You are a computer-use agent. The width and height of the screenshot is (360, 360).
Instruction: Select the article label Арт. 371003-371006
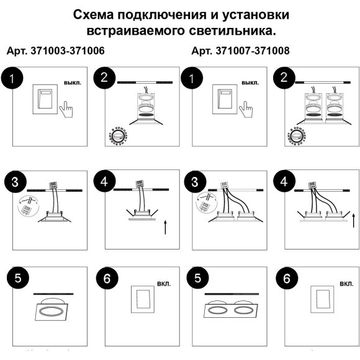pos(55,50)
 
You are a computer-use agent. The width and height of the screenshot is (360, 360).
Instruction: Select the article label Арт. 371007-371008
pos(241,50)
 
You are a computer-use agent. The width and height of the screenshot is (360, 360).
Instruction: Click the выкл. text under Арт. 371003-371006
pos(73,82)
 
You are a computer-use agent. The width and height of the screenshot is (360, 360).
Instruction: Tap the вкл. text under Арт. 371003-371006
pos(164,284)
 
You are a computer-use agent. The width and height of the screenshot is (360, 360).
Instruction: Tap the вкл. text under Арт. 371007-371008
pos(346,284)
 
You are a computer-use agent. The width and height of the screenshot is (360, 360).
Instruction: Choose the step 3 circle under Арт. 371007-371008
pos(197,182)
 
